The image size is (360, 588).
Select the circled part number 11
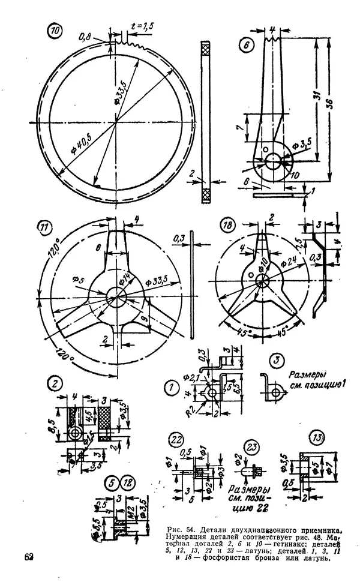coord(45,228)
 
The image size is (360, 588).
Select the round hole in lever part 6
coord(273,160)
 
